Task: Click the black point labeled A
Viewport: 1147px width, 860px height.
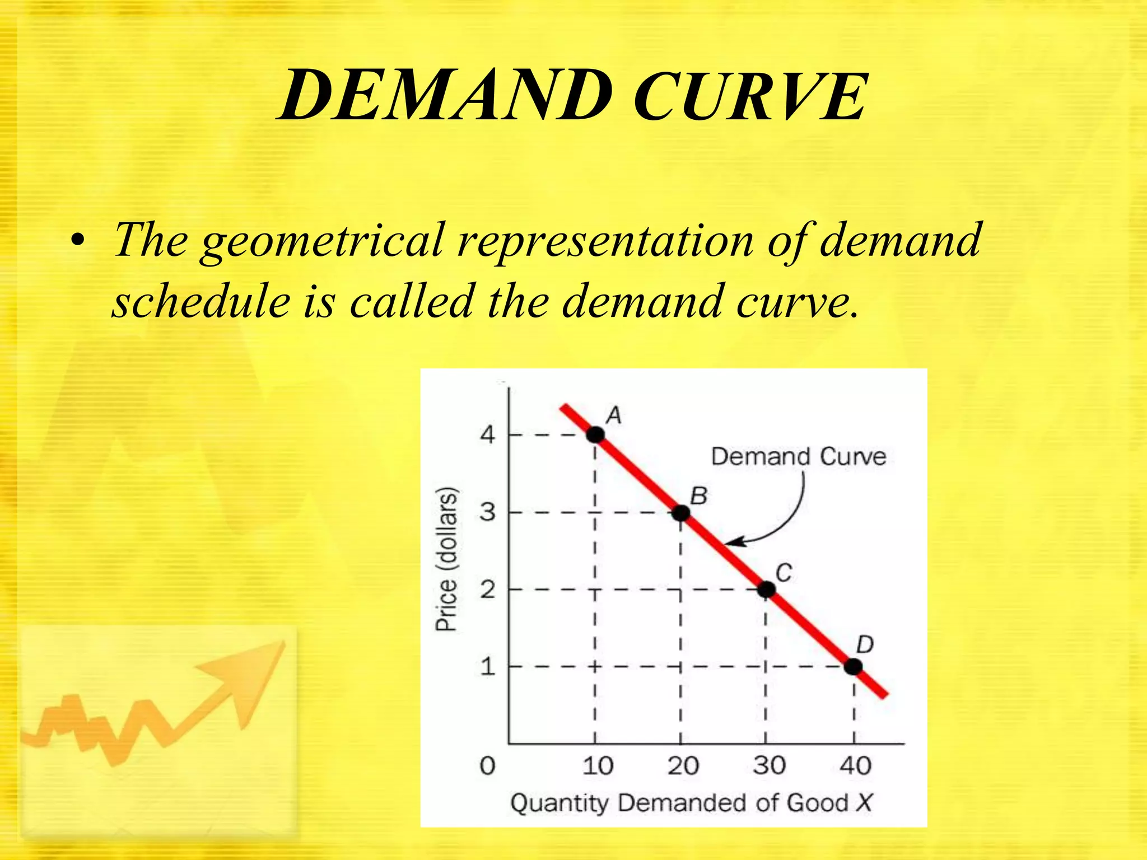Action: point(595,434)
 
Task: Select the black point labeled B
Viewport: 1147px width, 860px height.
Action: point(680,512)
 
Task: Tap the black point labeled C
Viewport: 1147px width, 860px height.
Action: point(766,590)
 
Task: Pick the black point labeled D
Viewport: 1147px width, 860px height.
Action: point(853,667)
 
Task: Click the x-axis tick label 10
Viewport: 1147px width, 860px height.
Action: point(598,765)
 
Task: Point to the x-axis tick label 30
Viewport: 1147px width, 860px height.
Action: point(769,765)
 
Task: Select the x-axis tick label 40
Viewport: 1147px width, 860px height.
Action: point(855,765)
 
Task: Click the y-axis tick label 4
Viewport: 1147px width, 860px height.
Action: point(488,434)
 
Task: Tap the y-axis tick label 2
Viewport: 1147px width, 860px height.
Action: point(488,590)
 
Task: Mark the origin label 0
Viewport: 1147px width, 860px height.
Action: point(487,765)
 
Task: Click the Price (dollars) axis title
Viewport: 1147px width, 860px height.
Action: point(447,559)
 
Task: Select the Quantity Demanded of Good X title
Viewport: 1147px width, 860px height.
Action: point(691,803)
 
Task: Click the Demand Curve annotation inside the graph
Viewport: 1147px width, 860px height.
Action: point(799,456)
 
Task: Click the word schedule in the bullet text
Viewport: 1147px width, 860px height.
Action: point(201,302)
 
